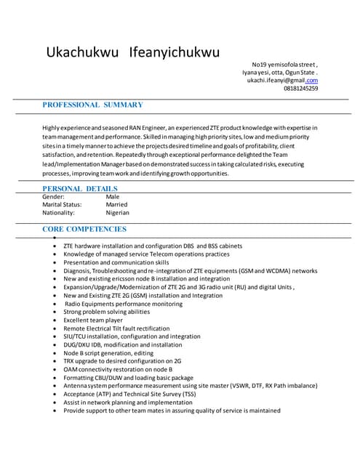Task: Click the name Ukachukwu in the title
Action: [x=81, y=53]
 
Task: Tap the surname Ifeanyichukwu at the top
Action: [x=174, y=53]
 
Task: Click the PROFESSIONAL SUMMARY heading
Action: [x=92, y=105]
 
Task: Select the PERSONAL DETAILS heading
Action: [x=80, y=188]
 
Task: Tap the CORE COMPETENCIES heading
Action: [x=84, y=229]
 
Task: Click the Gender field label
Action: [x=53, y=197]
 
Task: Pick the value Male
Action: [x=113, y=197]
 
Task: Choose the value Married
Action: [x=116, y=205]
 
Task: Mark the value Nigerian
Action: [x=118, y=213]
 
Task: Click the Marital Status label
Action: [x=62, y=205]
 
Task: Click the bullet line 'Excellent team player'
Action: [x=93, y=320]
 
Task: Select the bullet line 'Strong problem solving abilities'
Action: [x=106, y=312]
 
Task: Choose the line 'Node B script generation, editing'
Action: [x=110, y=353]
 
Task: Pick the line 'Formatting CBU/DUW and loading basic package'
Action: [x=128, y=378]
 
